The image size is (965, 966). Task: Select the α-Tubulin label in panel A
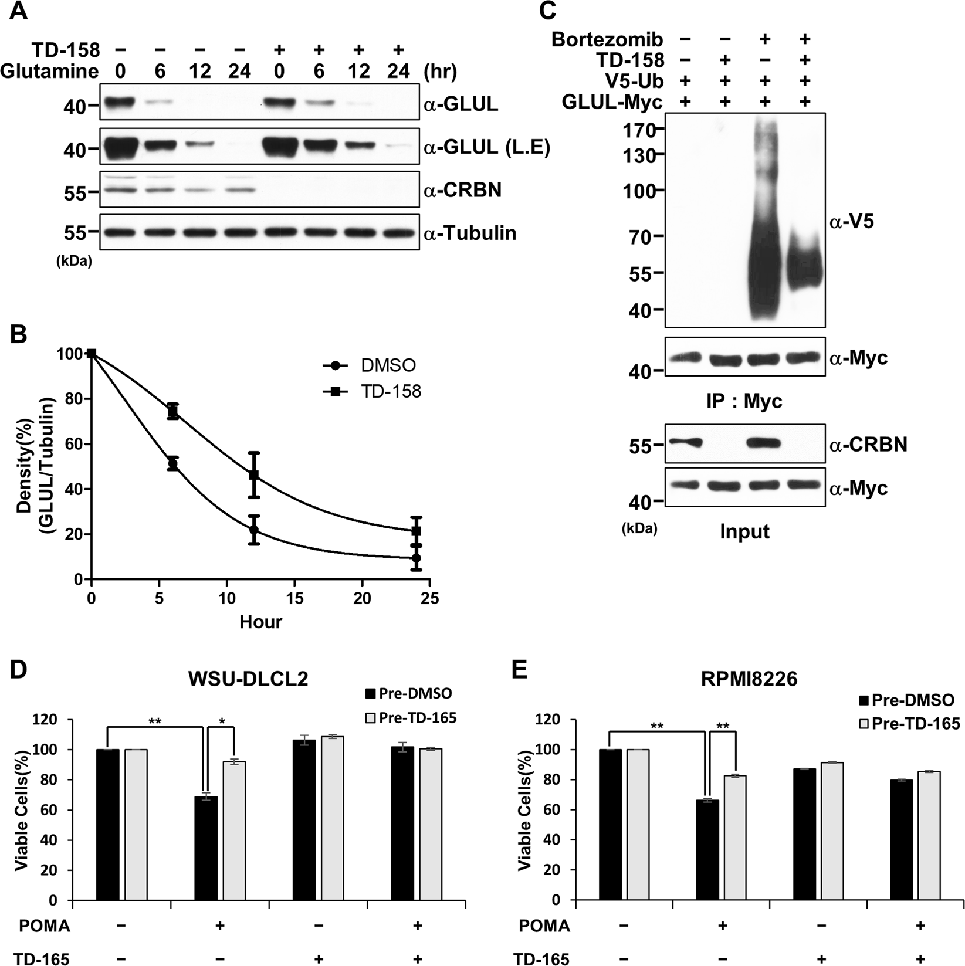(469, 233)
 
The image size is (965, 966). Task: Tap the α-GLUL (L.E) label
(486, 149)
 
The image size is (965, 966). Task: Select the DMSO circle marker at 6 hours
(172, 464)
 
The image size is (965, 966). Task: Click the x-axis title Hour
(260, 622)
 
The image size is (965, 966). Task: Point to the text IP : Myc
(744, 401)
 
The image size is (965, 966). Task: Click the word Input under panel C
(744, 531)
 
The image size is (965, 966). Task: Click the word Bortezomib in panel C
(608, 40)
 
